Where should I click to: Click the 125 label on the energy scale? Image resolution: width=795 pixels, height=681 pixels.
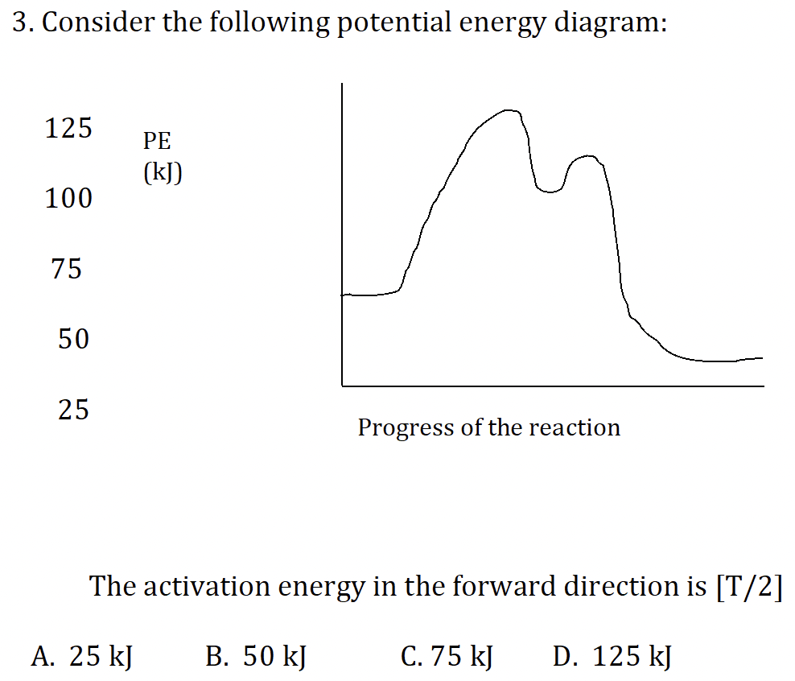pos(68,128)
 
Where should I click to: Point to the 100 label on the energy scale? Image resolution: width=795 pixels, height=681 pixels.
pos(68,198)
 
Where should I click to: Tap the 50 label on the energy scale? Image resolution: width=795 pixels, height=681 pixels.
pos(72,340)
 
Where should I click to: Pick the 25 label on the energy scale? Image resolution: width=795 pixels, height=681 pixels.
pos(73,411)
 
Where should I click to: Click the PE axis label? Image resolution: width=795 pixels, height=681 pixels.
pos(157,142)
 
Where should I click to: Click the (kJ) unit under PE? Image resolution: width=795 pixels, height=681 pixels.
pos(162,173)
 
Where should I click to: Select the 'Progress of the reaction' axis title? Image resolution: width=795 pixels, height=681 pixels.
pos(488,427)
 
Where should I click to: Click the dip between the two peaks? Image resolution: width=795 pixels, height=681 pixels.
pos(550,192)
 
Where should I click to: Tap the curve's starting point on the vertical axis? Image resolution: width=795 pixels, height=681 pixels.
pos(344,295)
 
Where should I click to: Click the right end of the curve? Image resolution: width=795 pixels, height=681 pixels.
pos(760,357)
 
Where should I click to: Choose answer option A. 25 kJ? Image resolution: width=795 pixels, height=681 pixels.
pos(81,657)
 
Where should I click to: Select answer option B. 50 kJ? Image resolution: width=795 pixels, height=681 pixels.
pos(255,657)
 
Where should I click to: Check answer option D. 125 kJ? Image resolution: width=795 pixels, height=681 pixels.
pos(612,657)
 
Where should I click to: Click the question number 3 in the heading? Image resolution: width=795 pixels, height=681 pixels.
pos(22,23)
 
